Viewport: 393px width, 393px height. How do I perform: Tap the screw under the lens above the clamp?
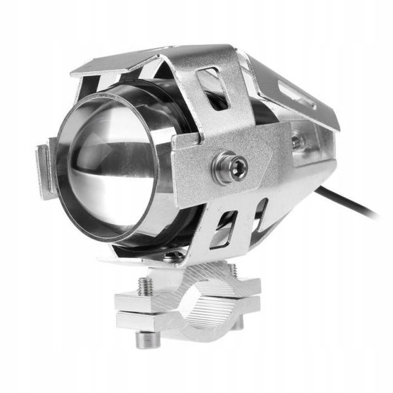click(171, 256)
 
